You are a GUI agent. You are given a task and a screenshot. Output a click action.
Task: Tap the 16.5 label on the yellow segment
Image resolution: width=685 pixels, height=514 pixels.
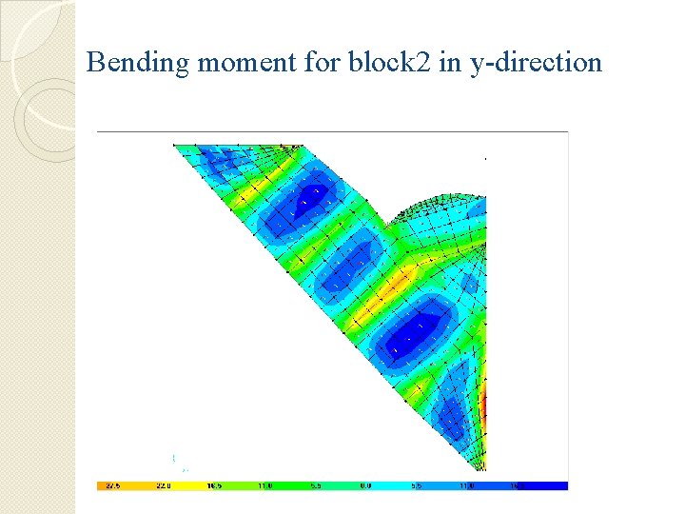[215, 485]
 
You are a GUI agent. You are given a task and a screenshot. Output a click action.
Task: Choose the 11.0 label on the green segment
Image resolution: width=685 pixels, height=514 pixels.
[265, 485]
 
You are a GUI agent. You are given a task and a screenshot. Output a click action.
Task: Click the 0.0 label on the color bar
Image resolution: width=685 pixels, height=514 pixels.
[366, 485]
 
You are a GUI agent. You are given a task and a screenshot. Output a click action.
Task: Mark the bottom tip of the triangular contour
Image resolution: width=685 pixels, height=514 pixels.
[473, 468]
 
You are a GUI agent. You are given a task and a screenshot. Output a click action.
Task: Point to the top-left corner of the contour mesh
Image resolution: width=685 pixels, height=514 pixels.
[174, 146]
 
